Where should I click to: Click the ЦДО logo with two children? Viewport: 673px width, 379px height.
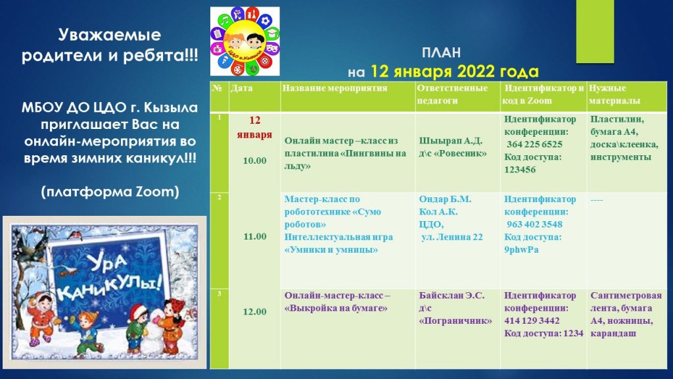click(x=244, y=41)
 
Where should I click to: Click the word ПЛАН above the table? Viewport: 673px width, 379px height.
click(x=441, y=53)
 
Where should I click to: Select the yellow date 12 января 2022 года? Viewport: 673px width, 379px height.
click(x=455, y=71)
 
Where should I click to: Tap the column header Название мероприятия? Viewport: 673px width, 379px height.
click(x=335, y=88)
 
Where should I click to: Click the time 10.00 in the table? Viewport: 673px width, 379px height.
click(x=254, y=161)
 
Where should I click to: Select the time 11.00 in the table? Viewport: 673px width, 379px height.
click(x=255, y=236)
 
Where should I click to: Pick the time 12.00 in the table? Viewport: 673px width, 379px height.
click(x=255, y=311)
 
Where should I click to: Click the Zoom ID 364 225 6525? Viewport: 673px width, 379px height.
click(x=534, y=144)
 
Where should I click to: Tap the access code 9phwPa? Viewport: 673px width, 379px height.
click(x=521, y=249)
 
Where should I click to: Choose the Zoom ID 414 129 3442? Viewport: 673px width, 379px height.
click(x=532, y=320)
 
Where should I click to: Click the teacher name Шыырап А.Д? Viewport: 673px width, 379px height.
click(x=451, y=141)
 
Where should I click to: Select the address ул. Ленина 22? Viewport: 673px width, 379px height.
click(x=452, y=237)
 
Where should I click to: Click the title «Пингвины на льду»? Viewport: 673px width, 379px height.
click(x=345, y=159)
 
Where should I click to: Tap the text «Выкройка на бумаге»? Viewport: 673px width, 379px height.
click(x=336, y=308)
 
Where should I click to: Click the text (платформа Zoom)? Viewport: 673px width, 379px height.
click(x=110, y=191)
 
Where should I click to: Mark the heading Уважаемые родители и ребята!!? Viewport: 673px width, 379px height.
click(x=110, y=45)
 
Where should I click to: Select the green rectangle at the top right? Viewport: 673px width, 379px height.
click(x=595, y=32)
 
